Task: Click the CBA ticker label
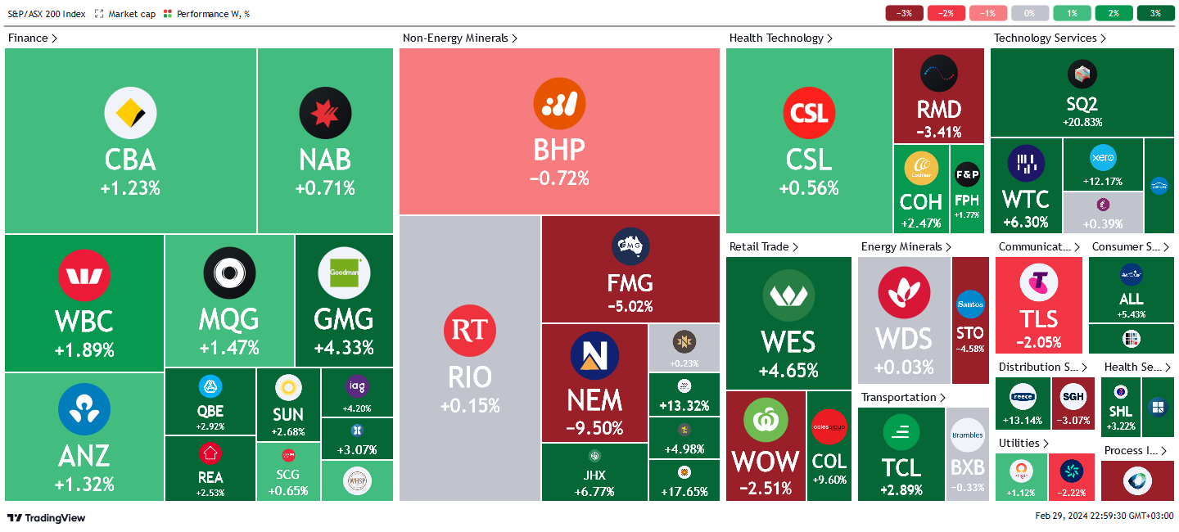click(x=130, y=160)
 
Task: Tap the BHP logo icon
click(x=559, y=103)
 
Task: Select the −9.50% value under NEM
click(x=595, y=427)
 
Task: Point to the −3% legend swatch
click(x=905, y=13)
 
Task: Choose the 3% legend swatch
click(x=1155, y=13)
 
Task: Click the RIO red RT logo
click(x=470, y=331)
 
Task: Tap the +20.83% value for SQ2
click(x=1082, y=122)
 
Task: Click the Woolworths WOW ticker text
click(x=764, y=462)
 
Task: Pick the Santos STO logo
click(x=970, y=304)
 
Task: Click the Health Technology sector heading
click(x=776, y=38)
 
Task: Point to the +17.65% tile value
click(x=684, y=491)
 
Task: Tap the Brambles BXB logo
click(x=967, y=435)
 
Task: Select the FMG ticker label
click(x=630, y=283)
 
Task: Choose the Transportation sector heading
click(x=898, y=397)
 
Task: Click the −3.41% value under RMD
click(x=939, y=132)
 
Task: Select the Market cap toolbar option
click(x=124, y=14)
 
